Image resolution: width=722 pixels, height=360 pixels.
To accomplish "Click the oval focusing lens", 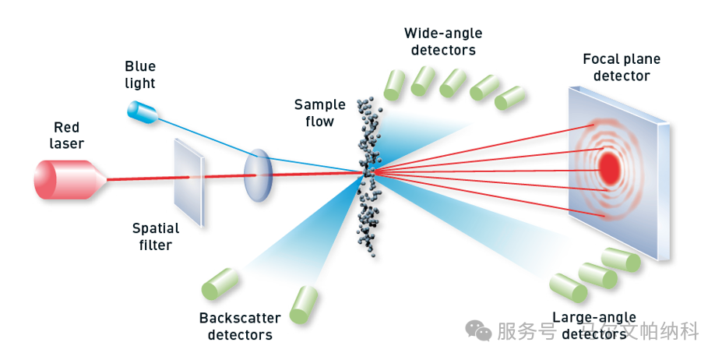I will pos(258,175).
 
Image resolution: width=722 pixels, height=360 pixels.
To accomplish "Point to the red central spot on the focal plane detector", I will pos(609,166).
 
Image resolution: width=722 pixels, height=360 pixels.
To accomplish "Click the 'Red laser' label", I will pos(67,136).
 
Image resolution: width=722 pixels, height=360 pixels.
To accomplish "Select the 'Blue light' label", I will pos(140,75).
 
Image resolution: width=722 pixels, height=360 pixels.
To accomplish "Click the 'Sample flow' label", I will pos(315,113).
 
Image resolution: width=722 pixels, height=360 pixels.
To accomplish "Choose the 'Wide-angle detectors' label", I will pos(442,41).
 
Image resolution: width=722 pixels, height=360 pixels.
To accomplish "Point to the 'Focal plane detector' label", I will pos(621,67).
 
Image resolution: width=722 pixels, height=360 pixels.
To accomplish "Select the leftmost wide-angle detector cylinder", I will pos(396,80).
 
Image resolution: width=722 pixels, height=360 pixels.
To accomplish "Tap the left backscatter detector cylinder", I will pos(220,284).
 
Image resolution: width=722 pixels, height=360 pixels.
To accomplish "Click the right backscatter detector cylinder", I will pos(302,304).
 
